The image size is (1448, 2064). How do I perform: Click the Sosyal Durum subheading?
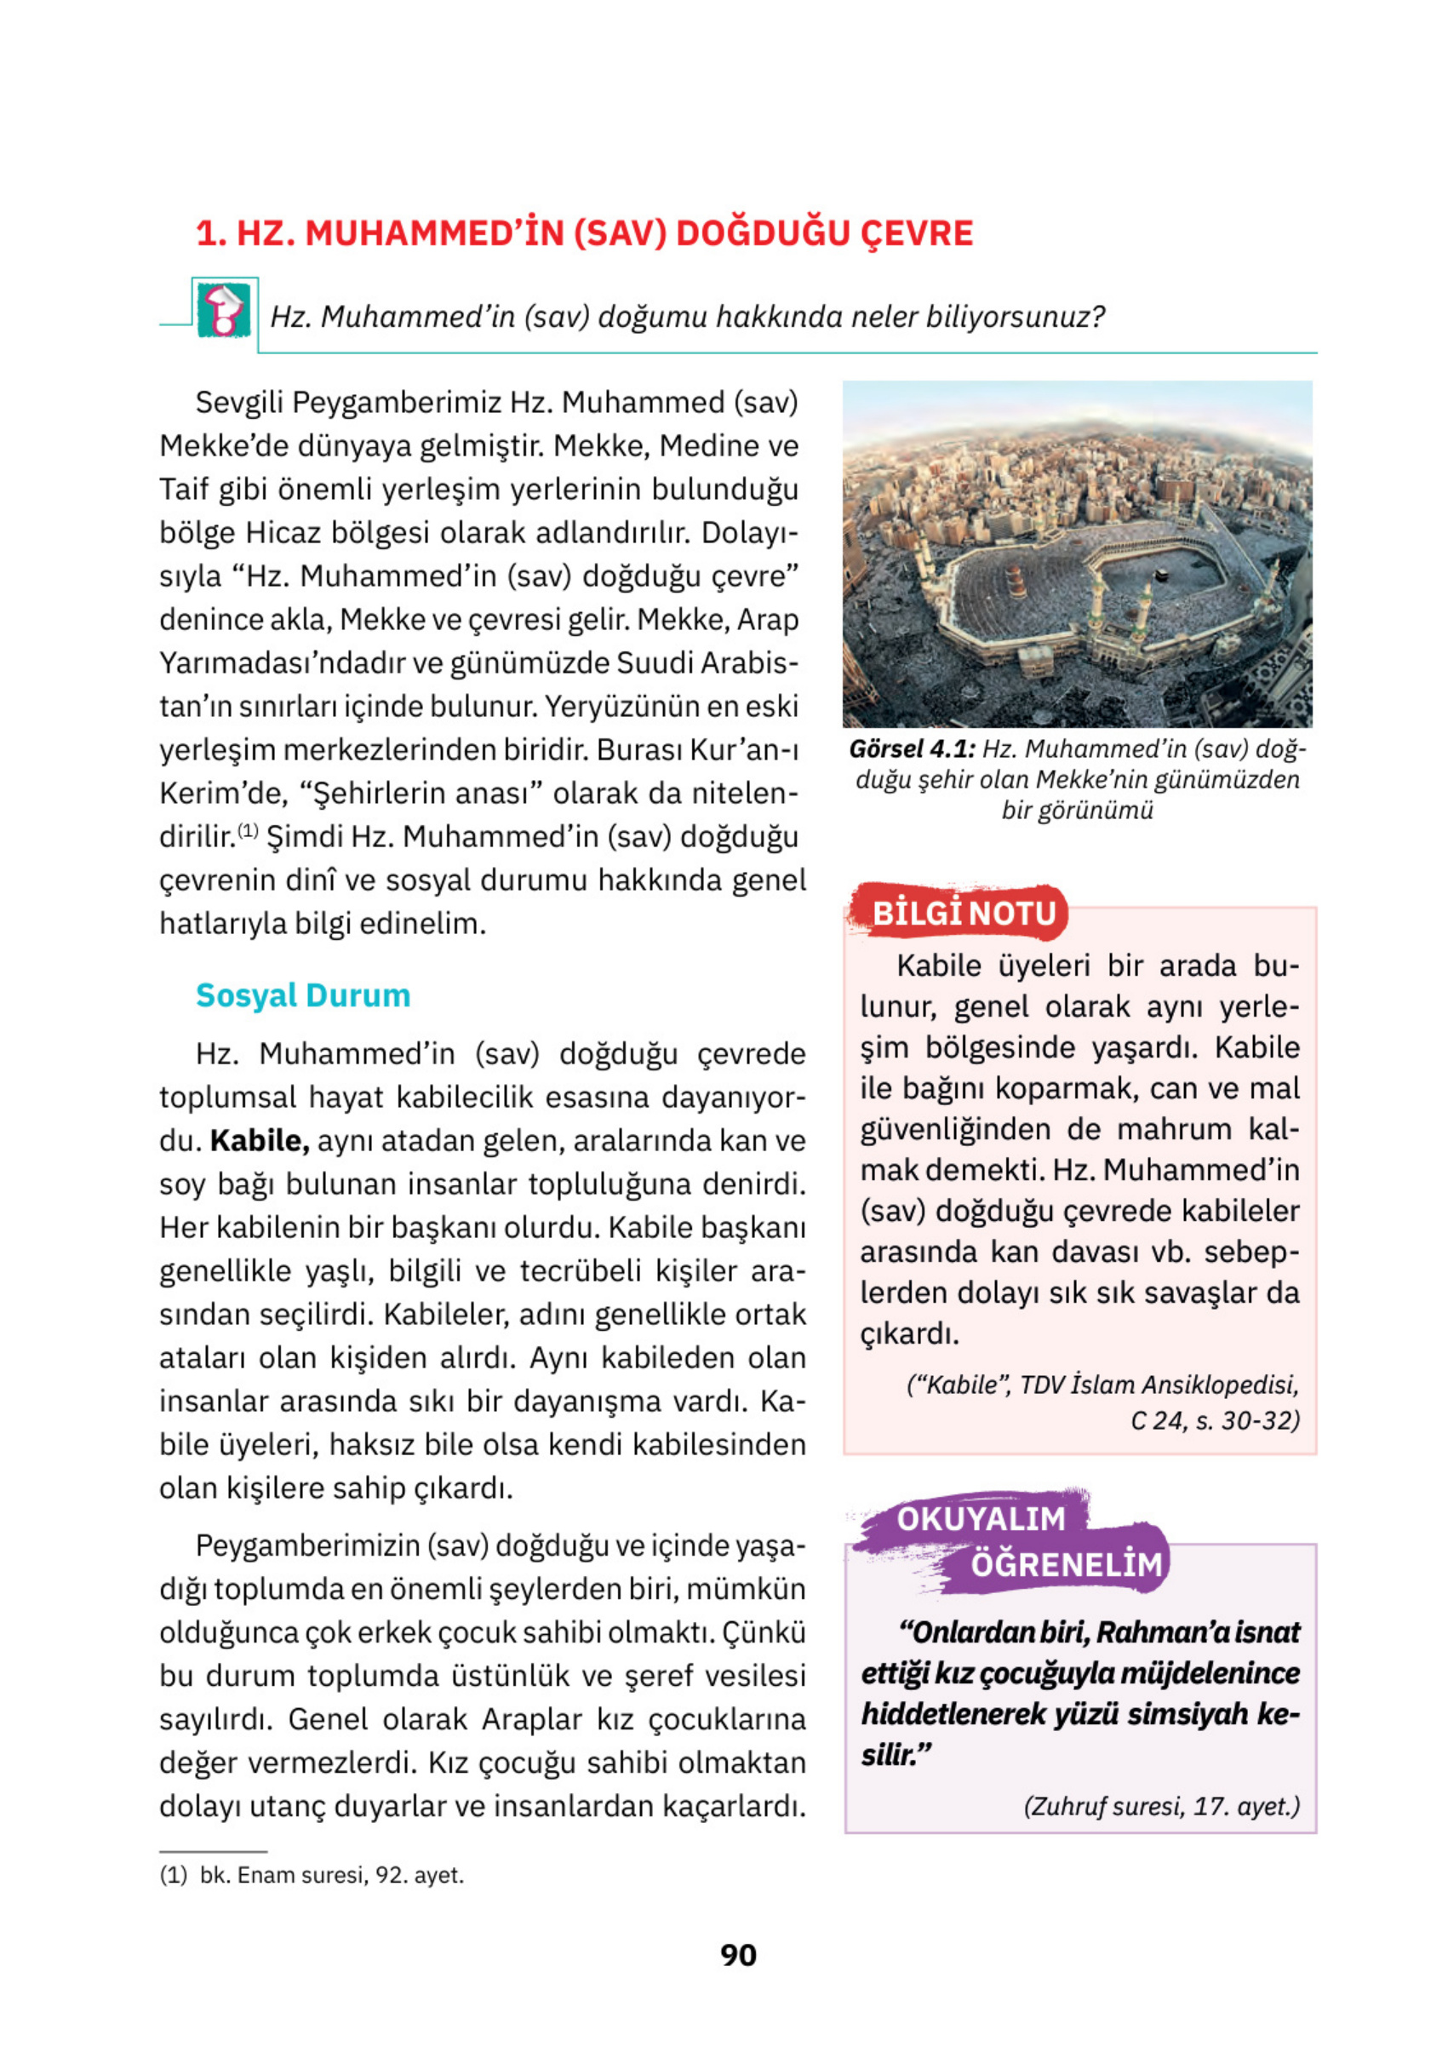(x=303, y=995)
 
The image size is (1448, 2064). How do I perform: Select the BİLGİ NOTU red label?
(x=964, y=913)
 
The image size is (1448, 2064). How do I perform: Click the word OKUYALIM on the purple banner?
(x=981, y=1518)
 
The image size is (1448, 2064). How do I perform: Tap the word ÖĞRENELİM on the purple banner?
(x=1066, y=1564)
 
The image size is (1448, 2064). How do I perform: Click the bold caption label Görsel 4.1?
(x=912, y=748)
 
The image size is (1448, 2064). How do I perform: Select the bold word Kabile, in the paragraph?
(x=260, y=1141)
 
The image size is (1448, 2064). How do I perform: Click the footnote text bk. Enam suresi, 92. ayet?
(x=331, y=1875)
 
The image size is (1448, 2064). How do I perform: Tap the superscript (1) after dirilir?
(x=248, y=829)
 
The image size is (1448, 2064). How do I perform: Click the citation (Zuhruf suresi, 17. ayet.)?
(x=1161, y=1806)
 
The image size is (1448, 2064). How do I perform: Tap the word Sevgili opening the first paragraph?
(x=239, y=402)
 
